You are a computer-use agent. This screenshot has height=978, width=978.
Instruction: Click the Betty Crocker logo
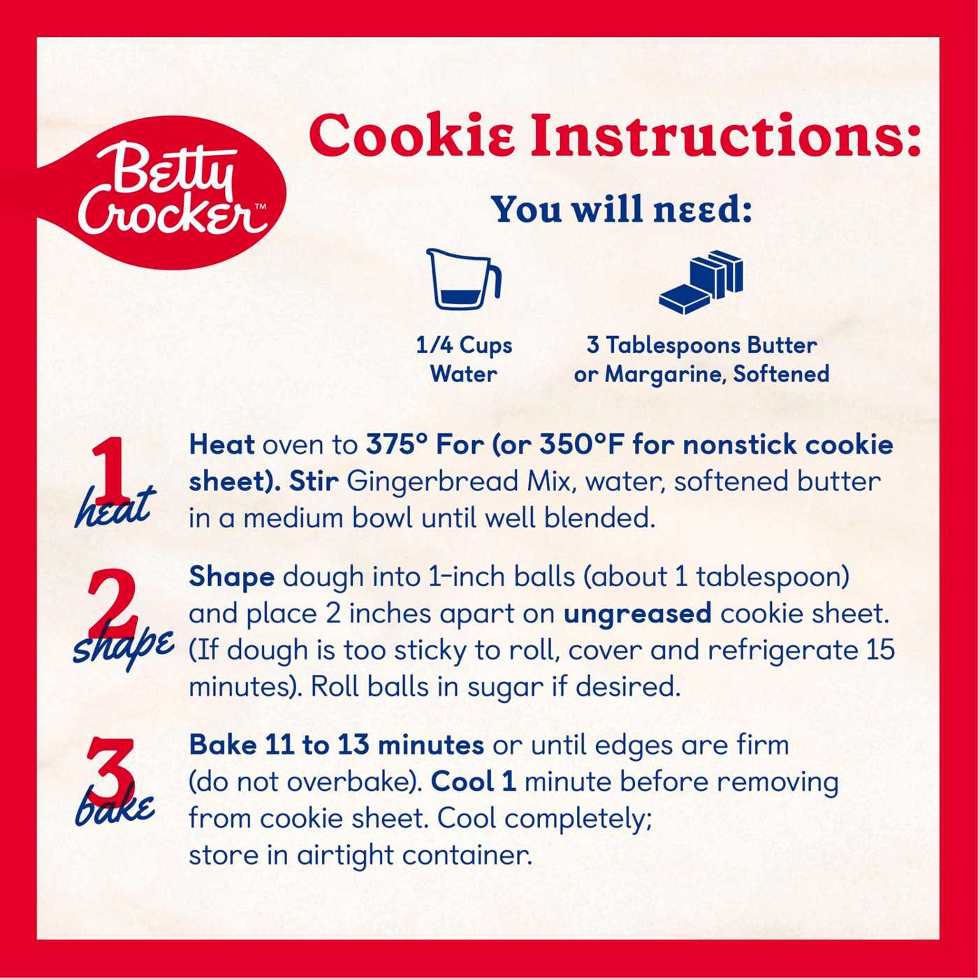coord(162,193)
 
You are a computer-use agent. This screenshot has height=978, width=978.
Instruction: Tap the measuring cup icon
coord(465,279)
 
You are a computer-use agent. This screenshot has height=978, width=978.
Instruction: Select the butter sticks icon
coord(701,282)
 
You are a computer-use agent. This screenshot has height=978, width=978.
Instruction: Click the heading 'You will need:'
coord(623,210)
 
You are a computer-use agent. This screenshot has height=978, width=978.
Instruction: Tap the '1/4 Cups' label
coord(465,346)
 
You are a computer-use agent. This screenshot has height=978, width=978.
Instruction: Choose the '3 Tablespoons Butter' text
coord(702,346)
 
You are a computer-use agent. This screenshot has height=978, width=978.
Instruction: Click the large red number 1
coord(110,467)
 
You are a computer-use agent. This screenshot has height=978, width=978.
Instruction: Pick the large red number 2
coord(112,604)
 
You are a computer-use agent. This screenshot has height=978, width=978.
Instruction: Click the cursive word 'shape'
coord(124,650)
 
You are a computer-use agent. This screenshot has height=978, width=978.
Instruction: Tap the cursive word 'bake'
coord(115,807)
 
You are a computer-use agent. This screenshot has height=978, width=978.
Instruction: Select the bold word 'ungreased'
coord(638,615)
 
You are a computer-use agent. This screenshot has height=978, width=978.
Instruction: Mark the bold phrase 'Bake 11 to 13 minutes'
coord(337,745)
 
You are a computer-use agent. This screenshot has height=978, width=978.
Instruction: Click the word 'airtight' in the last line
coord(345,856)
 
